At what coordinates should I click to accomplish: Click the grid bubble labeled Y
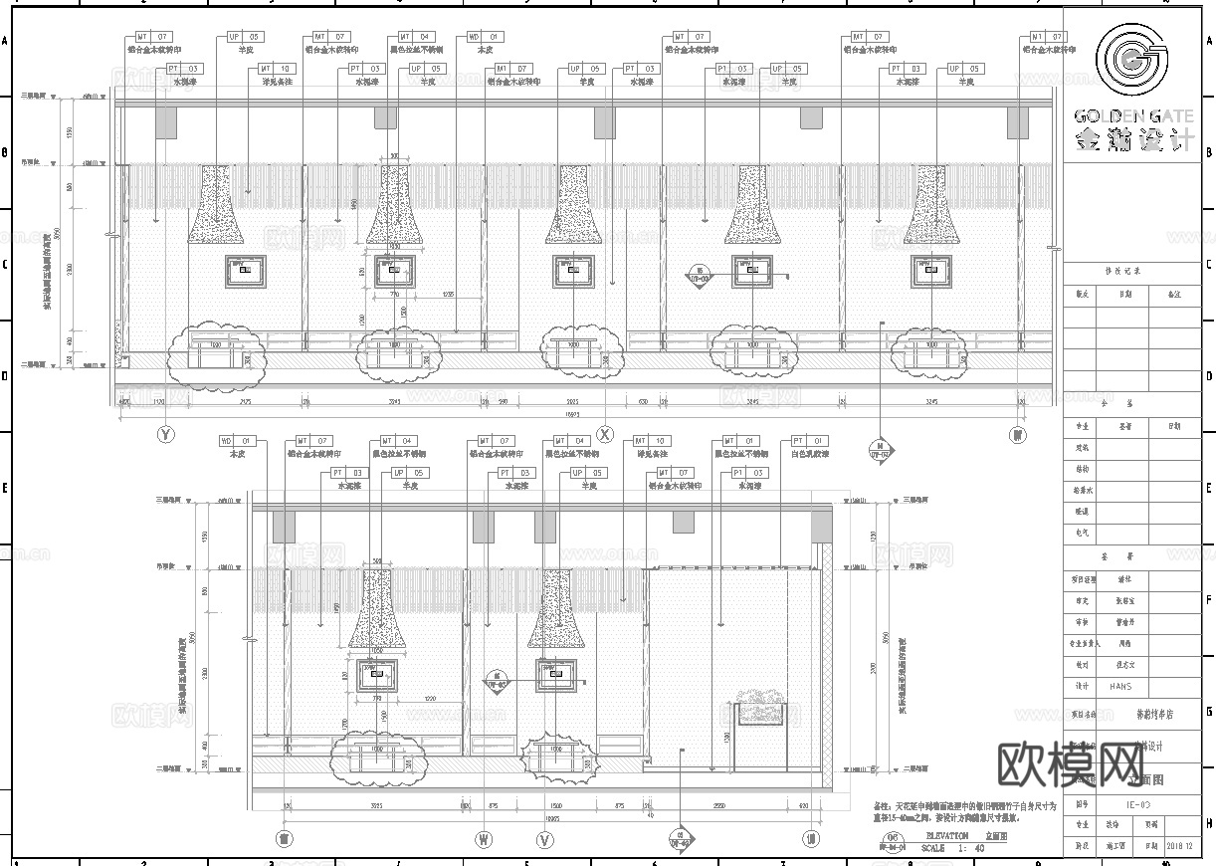[x=166, y=434]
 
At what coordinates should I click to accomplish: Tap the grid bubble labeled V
[x=544, y=839]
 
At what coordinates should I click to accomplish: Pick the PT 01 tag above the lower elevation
[x=809, y=441]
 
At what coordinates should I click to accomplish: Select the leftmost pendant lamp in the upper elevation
[x=217, y=206]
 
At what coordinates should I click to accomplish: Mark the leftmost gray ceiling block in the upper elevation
[x=165, y=123]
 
